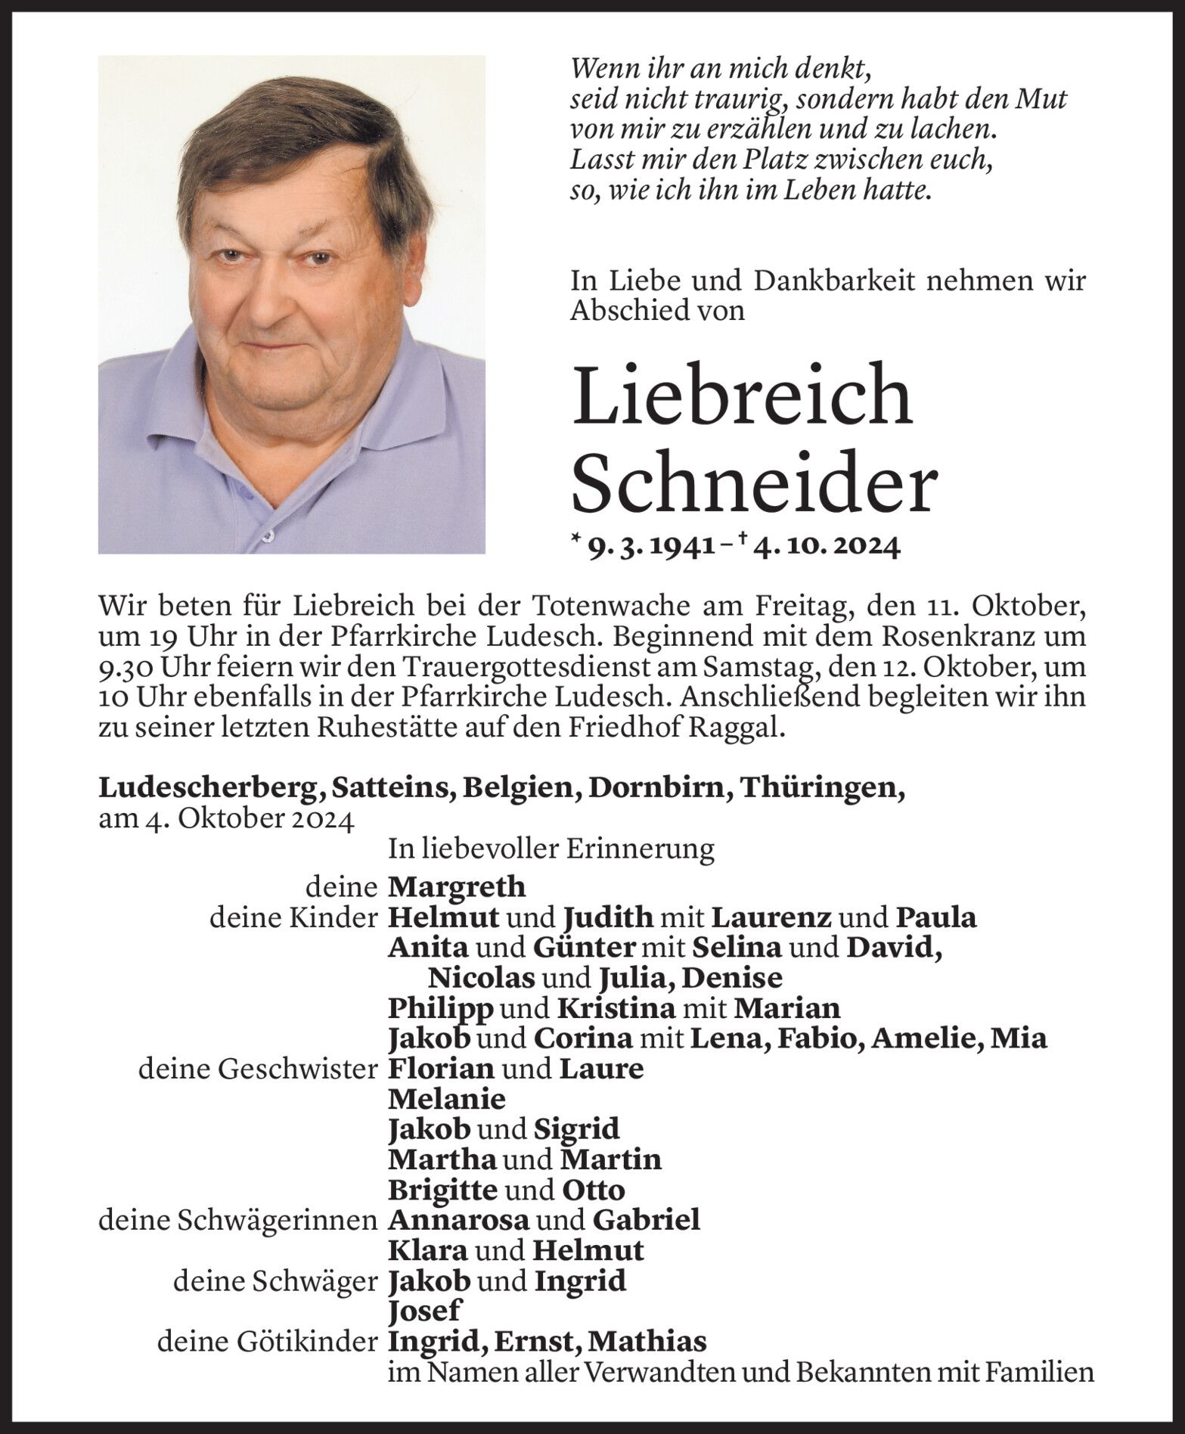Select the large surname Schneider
pyautogui.click(x=754, y=484)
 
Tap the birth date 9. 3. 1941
pyautogui.click(x=652, y=546)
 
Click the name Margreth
pyautogui.click(x=456, y=886)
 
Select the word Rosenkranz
pyautogui.click(x=929, y=636)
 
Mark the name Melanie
pyautogui.click(x=446, y=1098)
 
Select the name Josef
pyautogui.click(x=424, y=1311)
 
